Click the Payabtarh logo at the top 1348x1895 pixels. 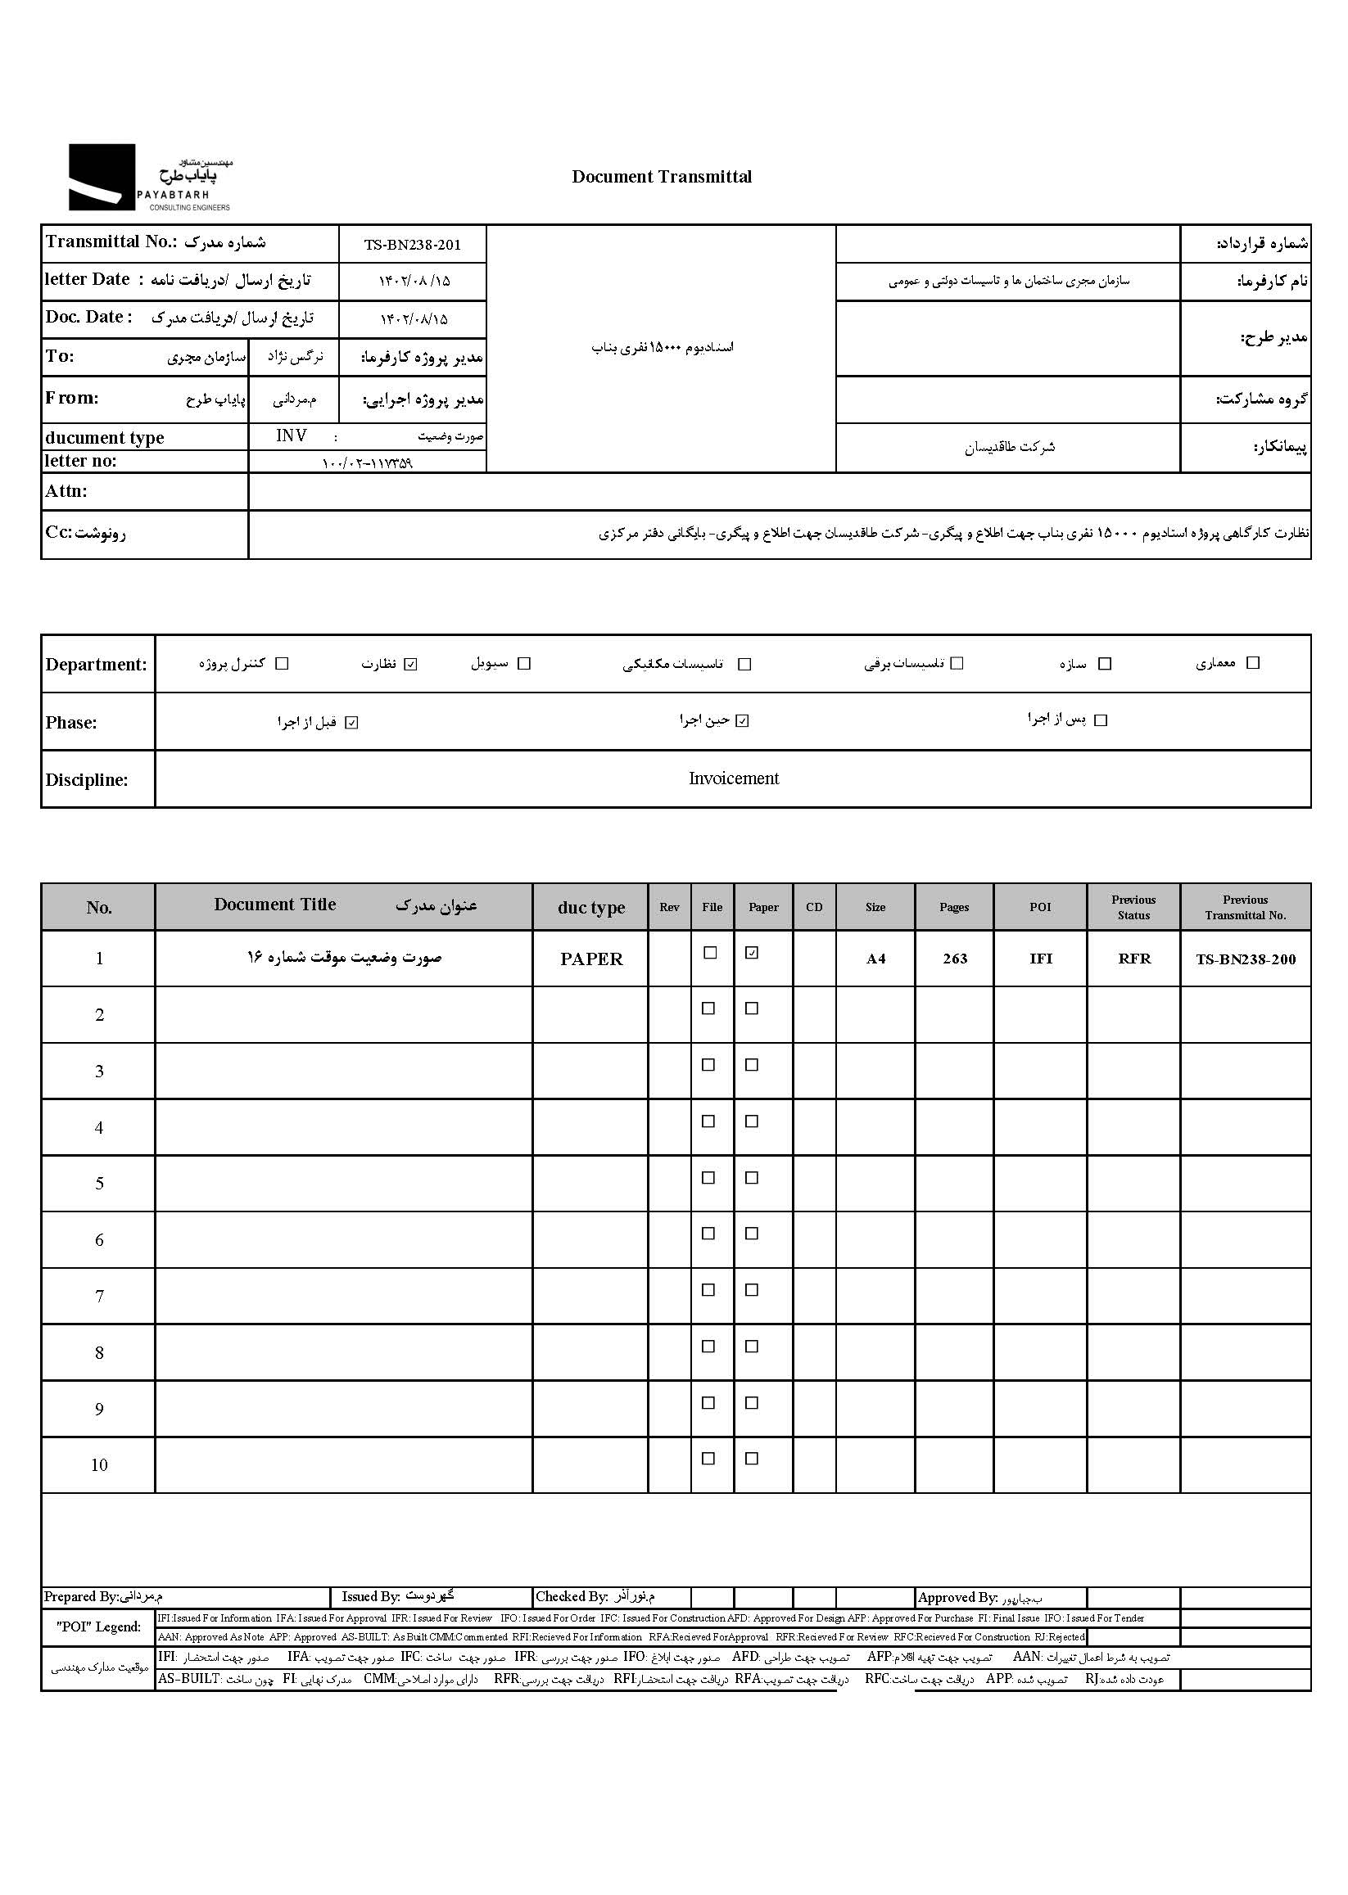pyautogui.click(x=149, y=178)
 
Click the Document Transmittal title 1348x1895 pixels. pyautogui.click(x=662, y=177)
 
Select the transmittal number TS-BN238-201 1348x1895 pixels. pyautogui.click(x=412, y=245)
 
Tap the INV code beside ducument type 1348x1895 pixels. pyautogui.click(x=292, y=436)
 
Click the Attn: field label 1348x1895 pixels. pyautogui.click(x=66, y=491)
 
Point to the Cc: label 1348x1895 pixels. pyautogui.click(x=59, y=533)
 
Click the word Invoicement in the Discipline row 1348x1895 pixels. pyautogui.click(x=733, y=778)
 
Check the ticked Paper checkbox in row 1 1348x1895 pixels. pyautogui.click(x=752, y=953)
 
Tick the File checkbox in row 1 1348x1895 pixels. pyautogui.click(x=710, y=953)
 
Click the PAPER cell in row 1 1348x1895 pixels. pyautogui.click(x=591, y=959)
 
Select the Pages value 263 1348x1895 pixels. pyautogui.click(x=955, y=959)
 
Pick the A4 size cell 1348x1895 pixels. pyautogui.click(x=875, y=959)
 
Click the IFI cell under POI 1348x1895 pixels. pyautogui.click(x=1040, y=959)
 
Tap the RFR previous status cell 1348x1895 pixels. pyautogui.click(x=1134, y=959)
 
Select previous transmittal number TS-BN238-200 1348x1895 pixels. pyautogui.click(x=1245, y=959)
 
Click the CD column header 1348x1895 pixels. pyautogui.click(x=814, y=907)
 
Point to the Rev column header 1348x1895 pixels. pyautogui.click(x=669, y=907)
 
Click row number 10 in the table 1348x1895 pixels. pyautogui.click(x=99, y=1465)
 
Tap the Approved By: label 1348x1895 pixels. pyautogui.click(x=958, y=1597)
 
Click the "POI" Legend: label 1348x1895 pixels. pyautogui.click(x=99, y=1627)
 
